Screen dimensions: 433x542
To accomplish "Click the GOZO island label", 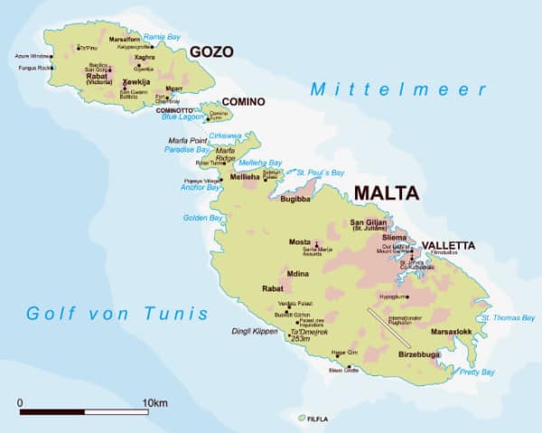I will (211, 53).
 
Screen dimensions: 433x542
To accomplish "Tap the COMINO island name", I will (243, 101).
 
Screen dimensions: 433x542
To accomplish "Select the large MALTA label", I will (387, 193).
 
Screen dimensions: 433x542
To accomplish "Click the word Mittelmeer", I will (398, 89).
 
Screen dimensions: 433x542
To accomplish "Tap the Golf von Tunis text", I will (117, 314).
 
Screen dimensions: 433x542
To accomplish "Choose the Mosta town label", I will (299, 243).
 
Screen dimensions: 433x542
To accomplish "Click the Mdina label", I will (298, 272).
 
